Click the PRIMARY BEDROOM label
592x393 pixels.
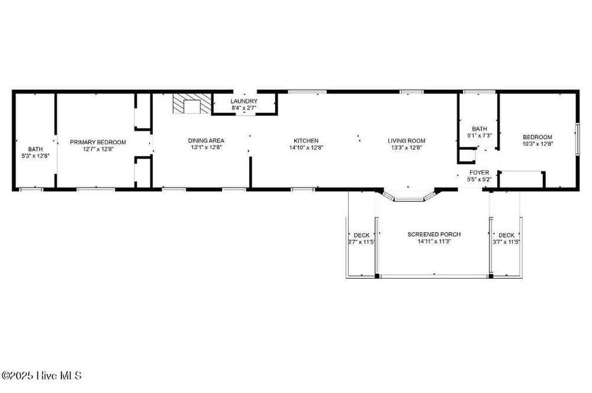click(98, 142)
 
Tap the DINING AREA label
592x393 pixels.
click(206, 141)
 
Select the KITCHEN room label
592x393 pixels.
click(306, 141)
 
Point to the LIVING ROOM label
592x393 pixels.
click(407, 141)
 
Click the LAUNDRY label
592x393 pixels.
click(244, 101)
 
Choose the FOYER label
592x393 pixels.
click(480, 172)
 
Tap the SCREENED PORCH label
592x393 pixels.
click(434, 234)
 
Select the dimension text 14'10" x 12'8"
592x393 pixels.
click(306, 147)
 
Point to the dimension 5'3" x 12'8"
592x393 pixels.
click(36, 156)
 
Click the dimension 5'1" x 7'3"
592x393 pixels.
click(480, 135)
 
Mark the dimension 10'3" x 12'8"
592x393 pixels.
click(538, 144)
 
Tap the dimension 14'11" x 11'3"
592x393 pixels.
click(434, 241)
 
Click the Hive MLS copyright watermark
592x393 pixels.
click(41, 376)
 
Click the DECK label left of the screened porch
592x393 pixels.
click(362, 235)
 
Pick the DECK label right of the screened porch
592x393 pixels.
click(506, 235)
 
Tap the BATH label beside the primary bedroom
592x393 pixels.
click(36, 149)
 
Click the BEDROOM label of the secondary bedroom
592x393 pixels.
click(538, 137)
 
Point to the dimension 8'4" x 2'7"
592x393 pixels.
click(244, 108)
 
